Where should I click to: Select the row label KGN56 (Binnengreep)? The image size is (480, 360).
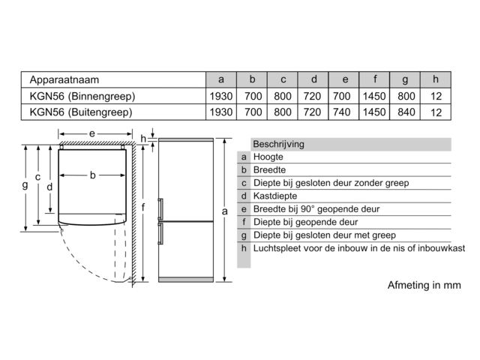click(x=81, y=96)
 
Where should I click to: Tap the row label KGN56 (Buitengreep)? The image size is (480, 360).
click(x=80, y=112)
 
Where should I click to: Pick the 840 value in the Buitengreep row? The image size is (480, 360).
click(x=405, y=112)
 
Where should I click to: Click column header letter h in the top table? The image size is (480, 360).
click(x=436, y=79)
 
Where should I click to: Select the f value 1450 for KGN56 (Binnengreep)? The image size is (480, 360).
click(x=374, y=96)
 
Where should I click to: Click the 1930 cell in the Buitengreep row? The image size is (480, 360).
click(x=220, y=112)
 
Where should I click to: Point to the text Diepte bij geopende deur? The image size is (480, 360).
click(x=306, y=222)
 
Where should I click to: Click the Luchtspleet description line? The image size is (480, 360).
click(x=359, y=247)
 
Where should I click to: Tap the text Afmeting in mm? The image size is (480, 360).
click(x=422, y=286)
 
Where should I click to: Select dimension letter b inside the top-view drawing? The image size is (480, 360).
click(x=92, y=175)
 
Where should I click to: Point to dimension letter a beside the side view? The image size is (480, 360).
click(x=224, y=211)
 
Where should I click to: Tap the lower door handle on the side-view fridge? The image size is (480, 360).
click(x=160, y=234)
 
